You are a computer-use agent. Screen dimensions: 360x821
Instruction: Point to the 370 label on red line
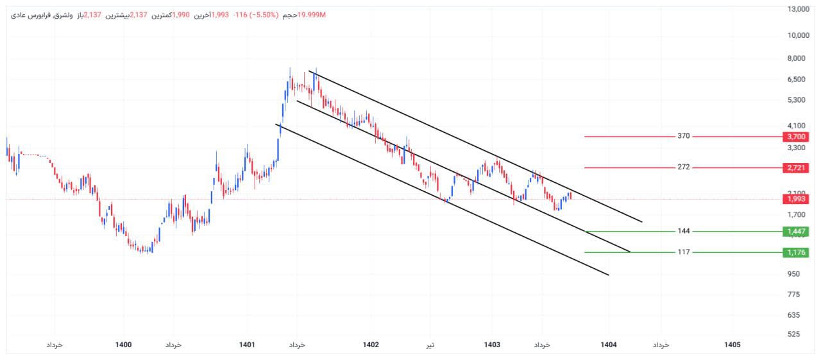(x=683, y=137)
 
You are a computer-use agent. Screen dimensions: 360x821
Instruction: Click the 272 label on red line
(x=683, y=167)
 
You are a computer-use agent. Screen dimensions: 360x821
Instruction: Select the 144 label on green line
(x=683, y=231)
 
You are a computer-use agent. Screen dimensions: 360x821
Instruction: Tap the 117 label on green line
(x=683, y=252)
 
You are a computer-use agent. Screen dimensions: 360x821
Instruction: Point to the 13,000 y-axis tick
(x=798, y=9)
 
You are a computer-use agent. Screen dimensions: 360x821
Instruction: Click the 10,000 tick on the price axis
(x=798, y=35)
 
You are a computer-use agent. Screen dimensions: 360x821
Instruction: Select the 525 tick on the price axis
(x=793, y=334)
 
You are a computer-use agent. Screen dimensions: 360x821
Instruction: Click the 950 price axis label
(x=793, y=274)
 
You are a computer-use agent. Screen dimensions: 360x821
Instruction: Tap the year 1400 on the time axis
(x=124, y=345)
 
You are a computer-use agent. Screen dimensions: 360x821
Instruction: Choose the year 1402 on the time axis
(x=371, y=345)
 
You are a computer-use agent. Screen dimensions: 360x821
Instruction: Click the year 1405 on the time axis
(x=732, y=345)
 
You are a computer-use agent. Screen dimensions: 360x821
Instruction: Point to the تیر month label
(x=431, y=345)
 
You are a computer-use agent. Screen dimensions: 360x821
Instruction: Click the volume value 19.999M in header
(x=312, y=15)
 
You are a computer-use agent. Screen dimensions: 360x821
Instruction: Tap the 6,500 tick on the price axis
(x=795, y=80)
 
